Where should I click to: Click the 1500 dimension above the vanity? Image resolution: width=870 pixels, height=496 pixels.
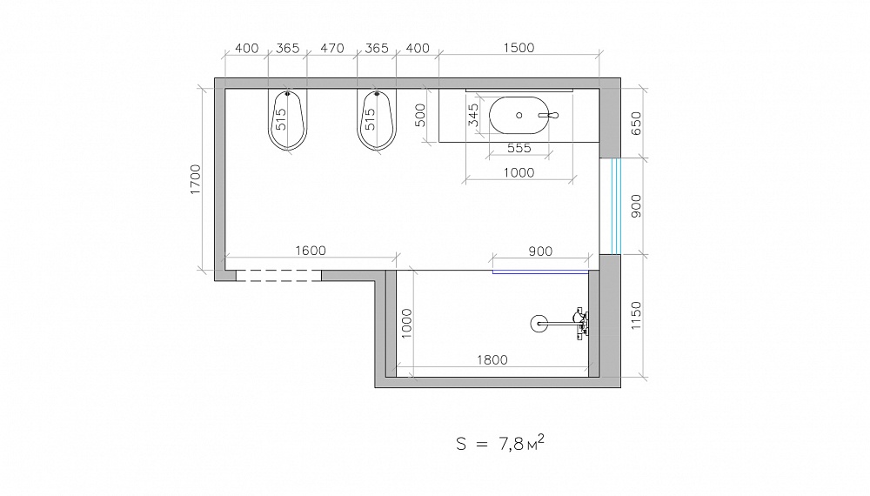point(519,48)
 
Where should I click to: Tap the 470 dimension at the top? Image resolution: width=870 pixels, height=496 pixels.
point(331,48)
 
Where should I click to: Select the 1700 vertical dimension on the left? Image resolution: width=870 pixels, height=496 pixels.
point(195,178)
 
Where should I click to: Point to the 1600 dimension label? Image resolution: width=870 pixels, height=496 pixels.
point(311,251)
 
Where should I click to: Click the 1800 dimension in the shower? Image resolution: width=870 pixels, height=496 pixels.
point(492,360)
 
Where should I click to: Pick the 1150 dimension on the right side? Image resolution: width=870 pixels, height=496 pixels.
point(636,315)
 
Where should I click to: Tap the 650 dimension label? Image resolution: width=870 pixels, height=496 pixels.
point(636,124)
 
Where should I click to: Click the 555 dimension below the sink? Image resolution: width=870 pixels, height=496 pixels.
point(519,148)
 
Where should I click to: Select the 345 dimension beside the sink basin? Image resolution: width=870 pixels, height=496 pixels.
point(473,115)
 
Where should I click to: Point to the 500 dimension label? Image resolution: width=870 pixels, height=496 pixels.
point(420,116)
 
